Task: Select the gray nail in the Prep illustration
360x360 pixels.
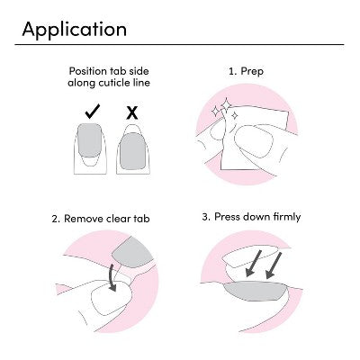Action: pyautogui.click(x=258, y=142)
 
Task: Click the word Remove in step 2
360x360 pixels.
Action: pyautogui.click(x=88, y=218)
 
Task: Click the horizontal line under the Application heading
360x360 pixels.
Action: pyautogui.click(x=180, y=44)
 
